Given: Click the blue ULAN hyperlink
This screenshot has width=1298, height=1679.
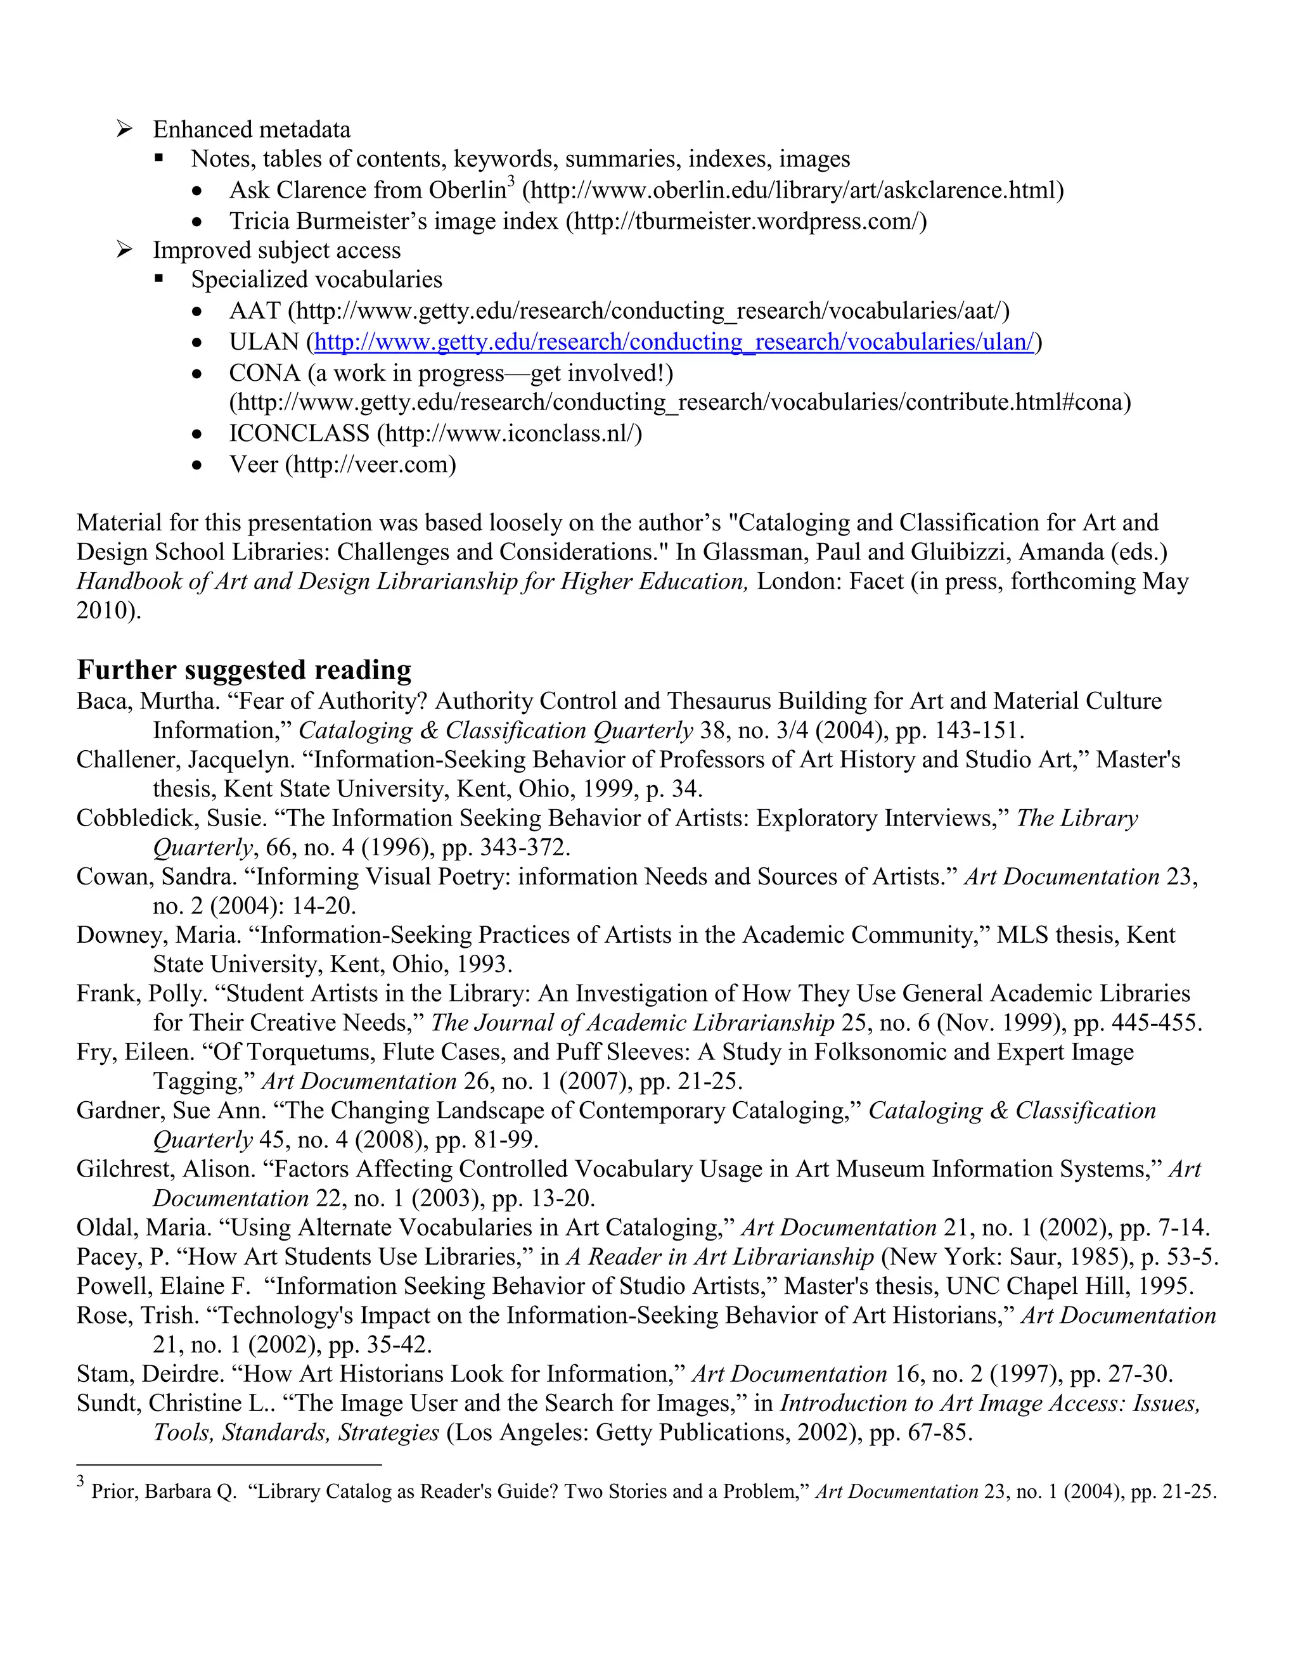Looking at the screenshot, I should pos(674,342).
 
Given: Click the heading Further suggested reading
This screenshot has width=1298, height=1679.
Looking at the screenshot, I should pos(244,670).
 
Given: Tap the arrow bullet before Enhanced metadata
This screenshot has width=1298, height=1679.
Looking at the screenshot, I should pos(125,129).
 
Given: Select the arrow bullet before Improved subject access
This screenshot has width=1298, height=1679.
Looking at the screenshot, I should pos(125,250).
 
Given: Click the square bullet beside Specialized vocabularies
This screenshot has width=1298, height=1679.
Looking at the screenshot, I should pos(159,279).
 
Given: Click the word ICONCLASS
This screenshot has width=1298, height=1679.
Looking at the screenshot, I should pos(299,433).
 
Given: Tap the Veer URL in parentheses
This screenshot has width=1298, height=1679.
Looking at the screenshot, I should pos(371,464).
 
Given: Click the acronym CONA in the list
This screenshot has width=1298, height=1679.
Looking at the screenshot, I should pos(264,373).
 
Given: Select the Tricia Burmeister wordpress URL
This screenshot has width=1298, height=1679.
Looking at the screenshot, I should pos(746,221).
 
